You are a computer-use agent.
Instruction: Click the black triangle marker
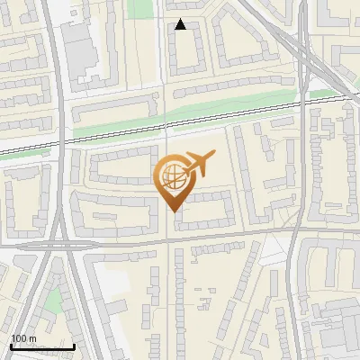[x=181, y=24]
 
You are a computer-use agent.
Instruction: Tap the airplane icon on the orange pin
[x=199, y=163]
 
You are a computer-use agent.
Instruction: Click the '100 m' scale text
[x=23, y=338]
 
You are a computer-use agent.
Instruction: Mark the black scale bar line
[x=41, y=346]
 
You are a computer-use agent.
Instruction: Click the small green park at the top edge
[x=139, y=8]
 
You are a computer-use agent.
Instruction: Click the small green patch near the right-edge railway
[x=321, y=92]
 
